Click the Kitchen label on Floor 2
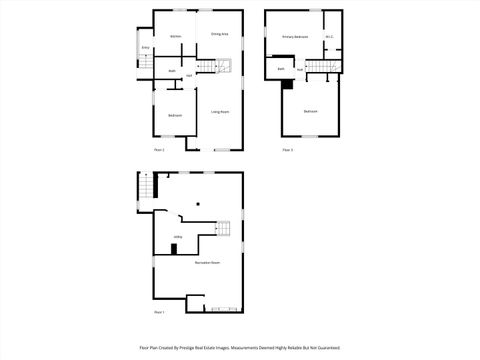coord(175,37)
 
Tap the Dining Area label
coord(219,35)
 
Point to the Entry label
coord(145,47)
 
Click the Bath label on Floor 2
coord(172,71)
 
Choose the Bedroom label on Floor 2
coord(174,116)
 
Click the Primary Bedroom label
coord(294,36)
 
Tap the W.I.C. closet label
coord(330,37)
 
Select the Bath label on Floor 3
coord(281,69)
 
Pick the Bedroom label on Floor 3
coord(311,111)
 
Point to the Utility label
coord(177,237)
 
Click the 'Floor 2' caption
coord(159,149)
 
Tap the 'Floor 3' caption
coord(287,149)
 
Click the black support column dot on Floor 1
coord(198,203)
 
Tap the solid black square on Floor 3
coord(288,83)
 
